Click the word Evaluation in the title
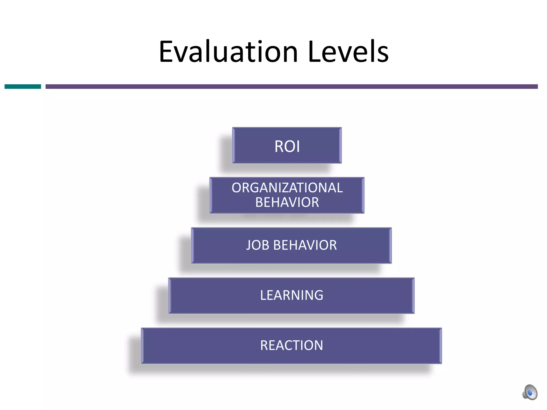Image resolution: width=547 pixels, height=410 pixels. [228, 52]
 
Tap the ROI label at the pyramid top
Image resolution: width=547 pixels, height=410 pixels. [287, 146]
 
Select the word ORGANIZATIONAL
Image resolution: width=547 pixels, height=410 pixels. [287, 188]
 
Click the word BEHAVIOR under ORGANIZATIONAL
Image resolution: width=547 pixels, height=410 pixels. [287, 202]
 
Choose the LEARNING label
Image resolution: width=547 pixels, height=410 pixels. [292, 295]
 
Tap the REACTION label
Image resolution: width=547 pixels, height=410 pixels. [292, 345]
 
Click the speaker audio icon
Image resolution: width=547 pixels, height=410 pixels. [530, 392]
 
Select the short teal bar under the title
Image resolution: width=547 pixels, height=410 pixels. [23, 86]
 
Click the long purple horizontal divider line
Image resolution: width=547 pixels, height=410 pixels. [291, 86]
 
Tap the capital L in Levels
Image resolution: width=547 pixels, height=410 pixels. [314, 52]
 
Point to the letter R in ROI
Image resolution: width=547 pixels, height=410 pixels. [279, 146]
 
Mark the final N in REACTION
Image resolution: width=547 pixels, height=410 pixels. [318, 345]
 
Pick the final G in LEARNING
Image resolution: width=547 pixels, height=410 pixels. [319, 295]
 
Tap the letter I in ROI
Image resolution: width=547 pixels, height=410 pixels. [298, 146]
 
